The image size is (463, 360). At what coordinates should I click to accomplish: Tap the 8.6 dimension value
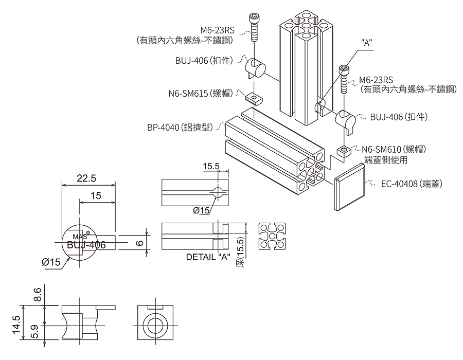38,295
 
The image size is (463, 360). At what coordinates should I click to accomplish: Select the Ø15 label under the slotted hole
201,210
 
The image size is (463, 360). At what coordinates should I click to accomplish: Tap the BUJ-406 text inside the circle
86,245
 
